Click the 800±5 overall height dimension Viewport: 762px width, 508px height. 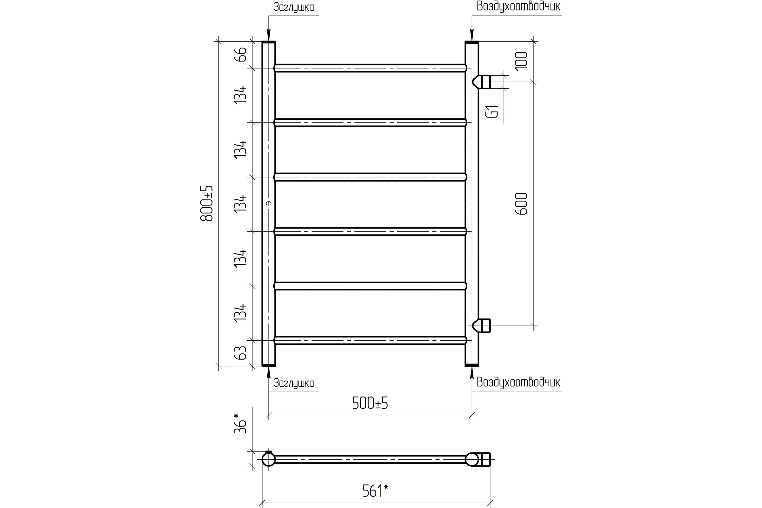pos(207,204)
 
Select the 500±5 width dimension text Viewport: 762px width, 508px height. pos(370,403)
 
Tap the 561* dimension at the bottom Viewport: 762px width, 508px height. pos(375,491)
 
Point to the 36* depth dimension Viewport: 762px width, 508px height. pos(240,424)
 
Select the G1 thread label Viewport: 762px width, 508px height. pos(492,112)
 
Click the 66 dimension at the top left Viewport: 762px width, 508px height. pos(240,54)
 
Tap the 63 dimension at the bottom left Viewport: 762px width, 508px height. pos(240,353)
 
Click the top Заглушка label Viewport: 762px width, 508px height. pos(294,7)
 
